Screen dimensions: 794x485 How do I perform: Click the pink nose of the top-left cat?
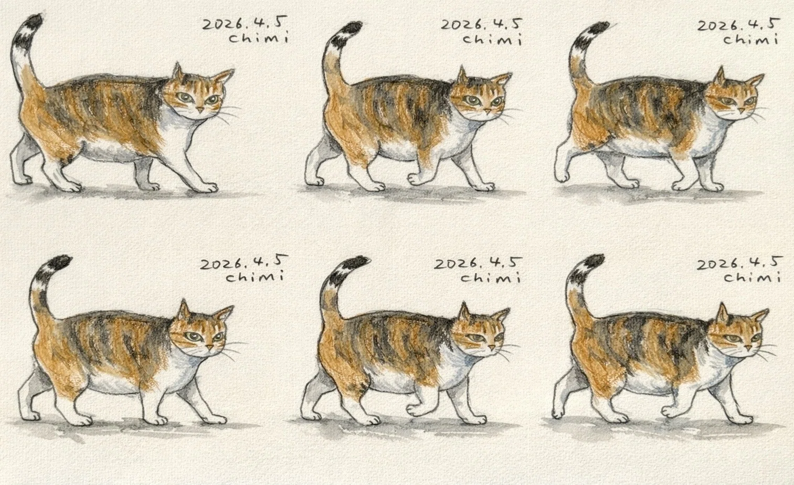pyautogui.click(x=200, y=110)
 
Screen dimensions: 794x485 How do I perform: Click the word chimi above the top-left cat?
pyautogui.click(x=258, y=37)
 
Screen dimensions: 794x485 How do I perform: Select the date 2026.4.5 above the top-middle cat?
pyautogui.click(x=481, y=25)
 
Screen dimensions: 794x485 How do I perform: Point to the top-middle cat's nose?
pyautogui.click(x=488, y=112)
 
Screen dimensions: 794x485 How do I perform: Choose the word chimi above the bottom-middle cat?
pyautogui.click(x=491, y=277)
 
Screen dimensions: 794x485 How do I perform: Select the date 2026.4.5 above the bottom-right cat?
pyautogui.click(x=739, y=264)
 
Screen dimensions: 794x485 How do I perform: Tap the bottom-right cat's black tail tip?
pyautogui.click(x=592, y=260)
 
